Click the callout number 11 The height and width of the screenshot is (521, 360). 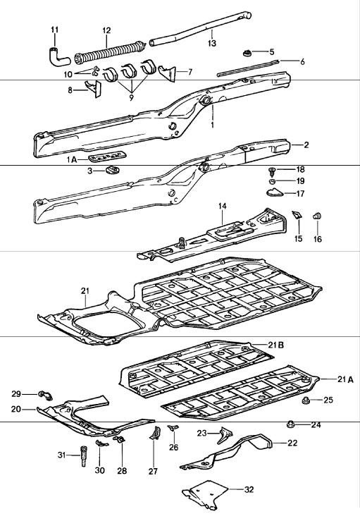click(x=54, y=30)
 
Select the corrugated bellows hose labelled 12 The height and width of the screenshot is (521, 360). click(x=110, y=52)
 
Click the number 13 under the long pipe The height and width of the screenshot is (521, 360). click(x=211, y=43)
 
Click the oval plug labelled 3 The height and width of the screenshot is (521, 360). click(x=113, y=171)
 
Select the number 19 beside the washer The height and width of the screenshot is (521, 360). click(x=300, y=181)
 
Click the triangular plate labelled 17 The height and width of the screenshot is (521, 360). click(x=274, y=192)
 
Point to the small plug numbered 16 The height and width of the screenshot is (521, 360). click(x=318, y=216)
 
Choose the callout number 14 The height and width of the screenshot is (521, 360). click(x=222, y=207)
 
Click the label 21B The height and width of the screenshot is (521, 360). click(x=276, y=345)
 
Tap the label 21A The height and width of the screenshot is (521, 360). click(x=345, y=379)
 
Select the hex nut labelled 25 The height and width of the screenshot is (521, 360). click(x=305, y=400)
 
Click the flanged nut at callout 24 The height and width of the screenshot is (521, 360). click(x=291, y=424)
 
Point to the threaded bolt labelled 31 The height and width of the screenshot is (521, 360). click(x=83, y=456)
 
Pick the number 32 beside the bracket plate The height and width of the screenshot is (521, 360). click(x=249, y=489)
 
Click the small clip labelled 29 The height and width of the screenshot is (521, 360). click(x=46, y=396)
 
